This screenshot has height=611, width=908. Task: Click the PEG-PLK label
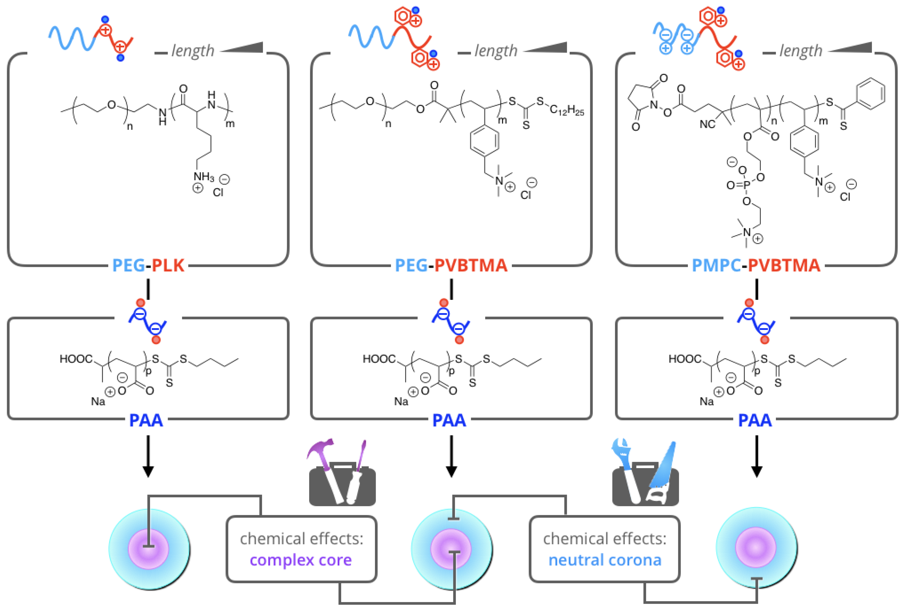click(148, 266)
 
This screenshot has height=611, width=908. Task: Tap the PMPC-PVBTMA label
click(756, 266)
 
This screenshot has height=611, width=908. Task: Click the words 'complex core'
click(301, 560)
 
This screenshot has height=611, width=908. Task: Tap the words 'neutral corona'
click(605, 560)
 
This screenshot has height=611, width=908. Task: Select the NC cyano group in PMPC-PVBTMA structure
click(707, 124)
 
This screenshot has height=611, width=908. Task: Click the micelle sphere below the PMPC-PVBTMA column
click(756, 547)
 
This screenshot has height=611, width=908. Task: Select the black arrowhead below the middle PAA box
click(451, 472)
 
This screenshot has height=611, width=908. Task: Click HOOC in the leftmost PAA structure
click(76, 359)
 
